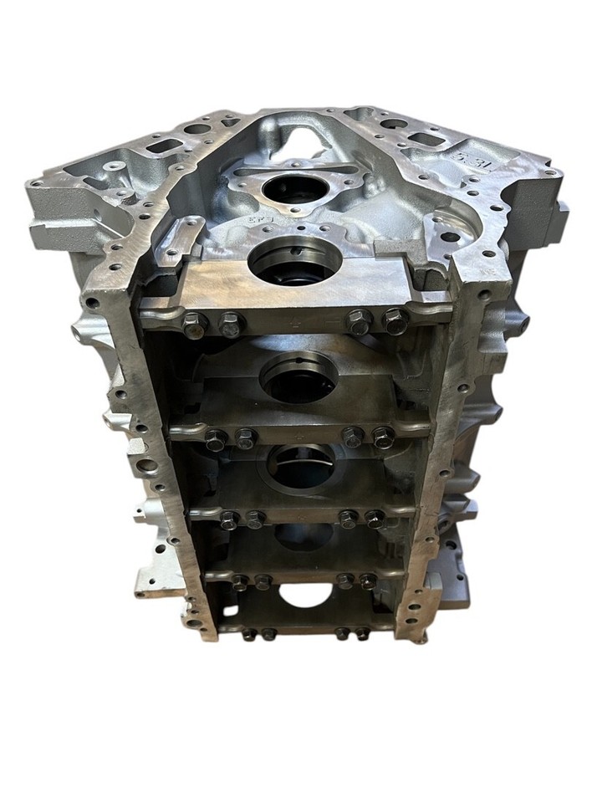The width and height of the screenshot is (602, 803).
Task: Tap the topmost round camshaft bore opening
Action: tap(293, 187)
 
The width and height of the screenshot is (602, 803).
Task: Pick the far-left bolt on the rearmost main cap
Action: tap(250, 633)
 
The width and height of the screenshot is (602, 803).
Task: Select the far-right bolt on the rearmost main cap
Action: tap(362, 634)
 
